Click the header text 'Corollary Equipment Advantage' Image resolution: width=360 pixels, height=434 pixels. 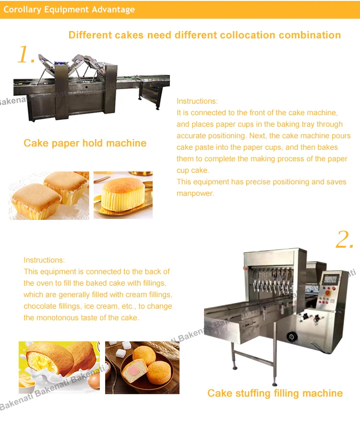[69, 10]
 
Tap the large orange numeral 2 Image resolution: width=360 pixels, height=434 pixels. [345, 240]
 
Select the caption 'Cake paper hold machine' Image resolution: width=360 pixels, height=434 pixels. [85, 143]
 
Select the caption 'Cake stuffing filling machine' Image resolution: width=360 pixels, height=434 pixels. [275, 393]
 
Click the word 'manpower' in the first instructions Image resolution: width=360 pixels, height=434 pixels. [194, 193]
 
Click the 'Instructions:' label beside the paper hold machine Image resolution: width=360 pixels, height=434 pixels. [197, 101]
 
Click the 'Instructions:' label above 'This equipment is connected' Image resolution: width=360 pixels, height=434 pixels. [44, 260]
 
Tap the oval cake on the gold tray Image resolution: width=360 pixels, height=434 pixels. [123, 194]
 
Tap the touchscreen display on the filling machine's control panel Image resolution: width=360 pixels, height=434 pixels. [331, 279]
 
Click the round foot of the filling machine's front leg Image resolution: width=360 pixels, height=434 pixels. [275, 384]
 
